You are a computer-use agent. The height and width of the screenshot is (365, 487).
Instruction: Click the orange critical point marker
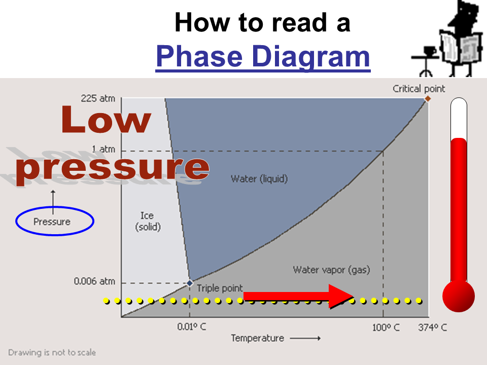click(x=428, y=99)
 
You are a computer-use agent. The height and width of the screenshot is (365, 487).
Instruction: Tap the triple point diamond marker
click(x=189, y=283)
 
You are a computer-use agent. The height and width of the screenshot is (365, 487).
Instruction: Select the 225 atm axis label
click(x=98, y=98)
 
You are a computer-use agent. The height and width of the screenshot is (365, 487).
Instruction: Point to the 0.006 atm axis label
click(x=94, y=281)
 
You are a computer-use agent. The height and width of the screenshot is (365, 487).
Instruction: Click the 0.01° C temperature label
click(x=191, y=327)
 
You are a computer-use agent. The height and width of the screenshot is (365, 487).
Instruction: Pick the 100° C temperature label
click(x=386, y=327)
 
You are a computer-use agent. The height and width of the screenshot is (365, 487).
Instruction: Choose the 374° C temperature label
click(x=432, y=327)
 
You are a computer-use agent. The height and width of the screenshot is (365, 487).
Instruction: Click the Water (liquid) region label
click(x=259, y=179)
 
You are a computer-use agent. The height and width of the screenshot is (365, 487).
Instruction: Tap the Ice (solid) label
click(x=148, y=221)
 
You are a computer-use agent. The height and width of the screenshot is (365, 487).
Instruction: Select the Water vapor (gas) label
click(x=331, y=270)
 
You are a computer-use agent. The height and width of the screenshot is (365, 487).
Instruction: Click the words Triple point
click(x=220, y=288)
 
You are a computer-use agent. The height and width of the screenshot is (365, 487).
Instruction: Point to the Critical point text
click(x=419, y=89)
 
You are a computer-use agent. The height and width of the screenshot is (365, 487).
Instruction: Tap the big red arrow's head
click(x=341, y=296)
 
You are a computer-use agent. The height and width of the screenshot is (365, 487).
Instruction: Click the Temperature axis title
click(x=258, y=338)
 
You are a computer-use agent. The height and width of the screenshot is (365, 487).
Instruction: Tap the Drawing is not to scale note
click(x=52, y=353)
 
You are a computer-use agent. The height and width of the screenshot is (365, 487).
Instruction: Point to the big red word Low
click(x=106, y=120)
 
